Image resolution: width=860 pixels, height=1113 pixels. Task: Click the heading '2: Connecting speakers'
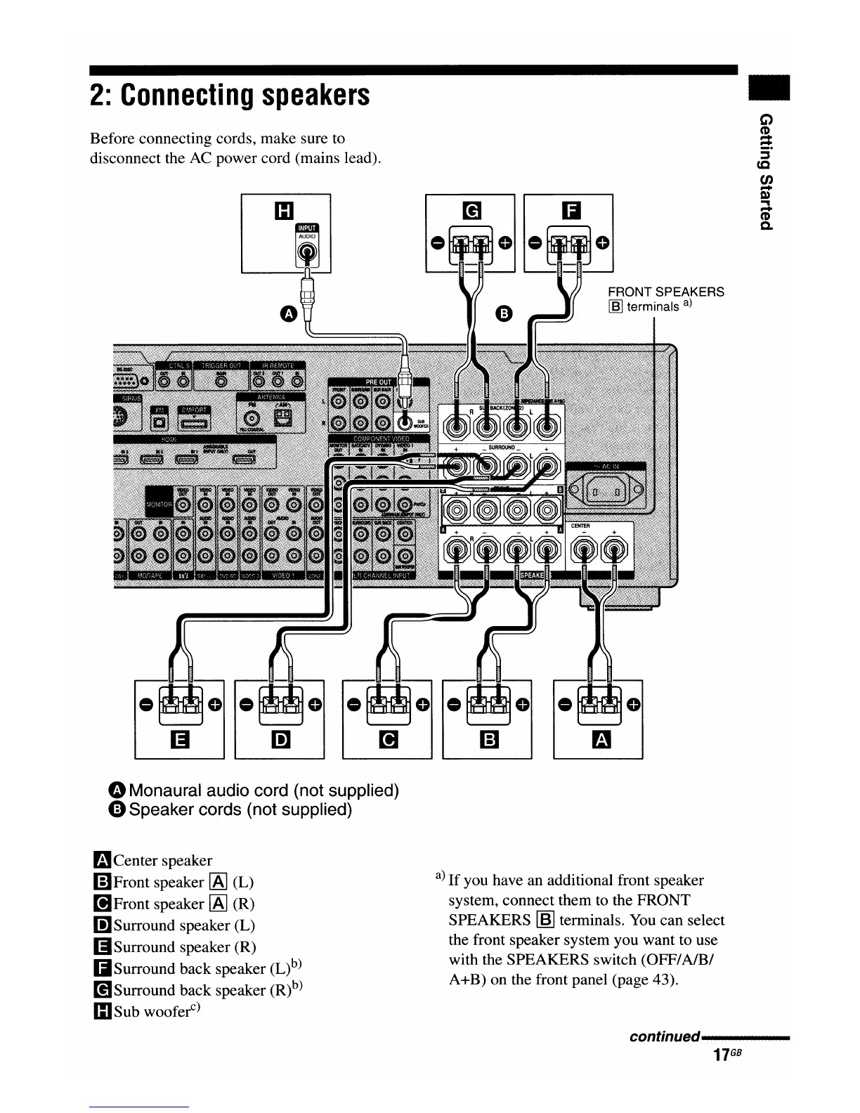point(230,95)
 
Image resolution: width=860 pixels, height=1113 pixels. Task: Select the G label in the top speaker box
point(470,210)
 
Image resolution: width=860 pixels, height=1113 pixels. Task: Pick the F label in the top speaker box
point(568,210)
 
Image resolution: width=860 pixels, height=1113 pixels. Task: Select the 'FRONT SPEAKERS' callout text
point(665,292)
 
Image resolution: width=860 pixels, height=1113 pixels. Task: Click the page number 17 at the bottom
point(719,1055)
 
